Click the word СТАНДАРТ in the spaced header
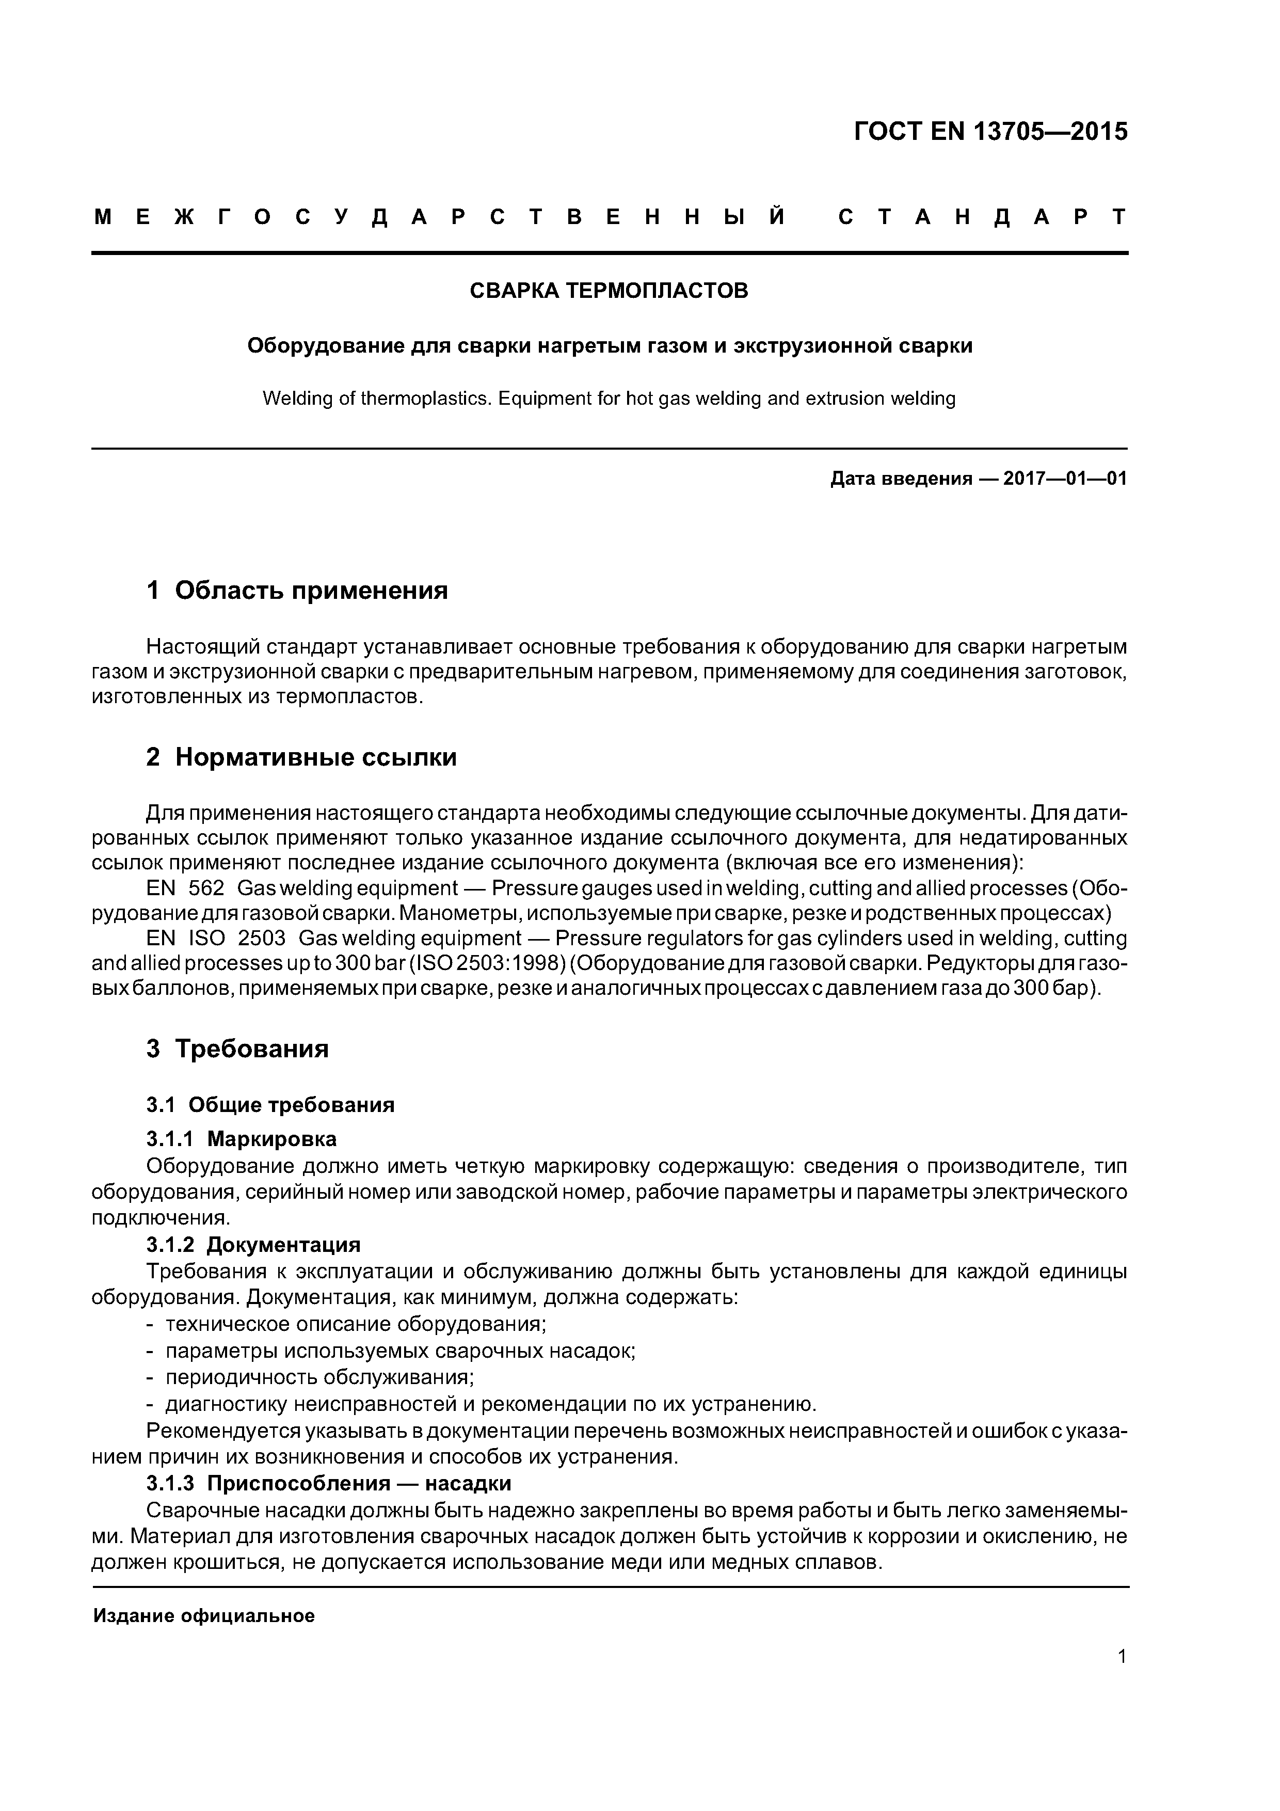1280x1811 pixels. pyautogui.click(x=981, y=217)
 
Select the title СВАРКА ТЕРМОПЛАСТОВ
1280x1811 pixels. pyautogui.click(x=609, y=291)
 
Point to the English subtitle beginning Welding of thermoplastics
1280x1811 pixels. pyautogui.click(x=609, y=399)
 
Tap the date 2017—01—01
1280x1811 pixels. pyautogui.click(x=1065, y=479)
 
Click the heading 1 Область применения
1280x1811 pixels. pyautogui.click(x=297, y=590)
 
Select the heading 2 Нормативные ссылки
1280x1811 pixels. pyautogui.click(x=301, y=757)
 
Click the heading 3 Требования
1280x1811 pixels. pyautogui.click(x=237, y=1049)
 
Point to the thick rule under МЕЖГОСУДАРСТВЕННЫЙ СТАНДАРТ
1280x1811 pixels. pyautogui.click(x=609, y=253)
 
